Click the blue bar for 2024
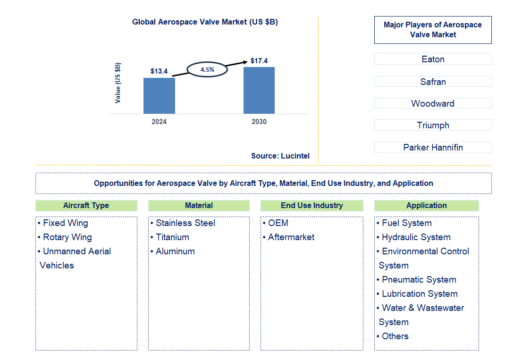click(x=159, y=96)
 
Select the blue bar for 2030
click(x=259, y=90)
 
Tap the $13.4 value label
click(x=159, y=71)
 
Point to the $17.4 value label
click(x=259, y=61)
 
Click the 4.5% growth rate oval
click(x=207, y=69)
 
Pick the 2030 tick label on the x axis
click(x=259, y=122)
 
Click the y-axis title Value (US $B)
click(x=118, y=83)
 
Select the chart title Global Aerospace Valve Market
click(x=205, y=22)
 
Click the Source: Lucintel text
click(x=280, y=156)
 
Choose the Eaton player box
click(x=433, y=59)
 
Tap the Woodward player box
click(x=433, y=103)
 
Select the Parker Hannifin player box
click(x=433, y=147)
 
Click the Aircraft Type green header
click(x=86, y=206)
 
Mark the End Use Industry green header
click(x=312, y=206)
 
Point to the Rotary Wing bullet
click(x=67, y=237)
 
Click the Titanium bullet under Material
click(x=172, y=237)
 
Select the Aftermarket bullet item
click(x=291, y=237)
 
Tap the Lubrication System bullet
click(x=419, y=294)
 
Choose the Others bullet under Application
click(x=395, y=336)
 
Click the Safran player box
click(x=433, y=82)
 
